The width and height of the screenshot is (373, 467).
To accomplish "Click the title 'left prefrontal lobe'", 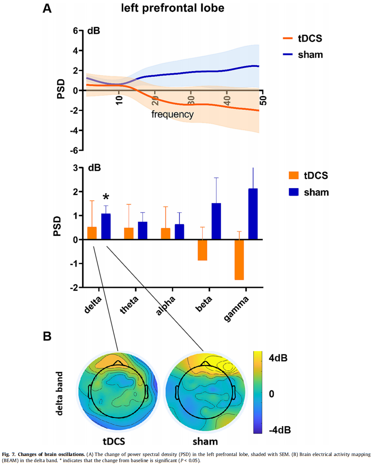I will tap(172, 8).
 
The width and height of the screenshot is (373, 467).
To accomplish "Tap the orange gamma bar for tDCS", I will tap(239, 260).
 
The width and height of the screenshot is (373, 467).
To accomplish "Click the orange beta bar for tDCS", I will tap(202, 250).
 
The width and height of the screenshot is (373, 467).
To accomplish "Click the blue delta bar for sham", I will tap(106, 227).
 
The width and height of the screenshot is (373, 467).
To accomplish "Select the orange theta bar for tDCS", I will tap(129, 233).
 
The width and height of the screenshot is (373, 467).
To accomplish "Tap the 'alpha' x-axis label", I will tap(166, 305).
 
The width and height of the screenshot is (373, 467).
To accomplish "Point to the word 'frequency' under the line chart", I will tap(172, 114).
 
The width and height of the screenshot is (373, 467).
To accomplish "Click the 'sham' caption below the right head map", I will tap(205, 441).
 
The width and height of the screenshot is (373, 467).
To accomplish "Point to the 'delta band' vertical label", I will tap(60, 393).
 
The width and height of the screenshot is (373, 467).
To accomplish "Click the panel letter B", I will tap(47, 336).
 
